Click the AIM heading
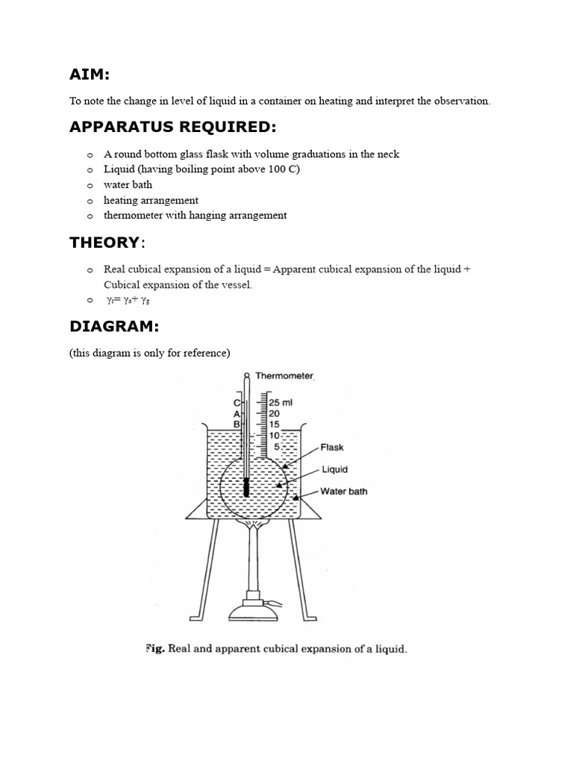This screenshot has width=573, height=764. tap(90, 75)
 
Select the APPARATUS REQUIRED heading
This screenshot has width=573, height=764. tap(172, 128)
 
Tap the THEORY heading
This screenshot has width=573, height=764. tap(105, 242)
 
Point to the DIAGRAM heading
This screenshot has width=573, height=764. tap(114, 327)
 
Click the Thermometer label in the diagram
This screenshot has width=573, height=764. tap(285, 377)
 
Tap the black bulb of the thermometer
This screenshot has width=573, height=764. tap(246, 488)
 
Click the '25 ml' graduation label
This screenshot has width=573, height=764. tap(281, 402)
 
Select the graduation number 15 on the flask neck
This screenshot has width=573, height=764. tap(275, 424)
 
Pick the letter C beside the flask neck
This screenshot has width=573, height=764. tap(237, 403)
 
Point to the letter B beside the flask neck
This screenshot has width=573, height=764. tap(237, 424)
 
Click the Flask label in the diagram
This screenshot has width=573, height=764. tap(332, 448)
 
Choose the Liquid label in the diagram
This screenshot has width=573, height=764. tap(334, 470)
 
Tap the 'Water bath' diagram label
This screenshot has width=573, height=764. tap(343, 492)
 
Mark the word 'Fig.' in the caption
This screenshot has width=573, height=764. tap(155, 649)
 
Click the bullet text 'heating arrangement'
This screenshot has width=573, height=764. tap(151, 200)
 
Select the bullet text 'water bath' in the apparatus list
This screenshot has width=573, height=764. tap(128, 184)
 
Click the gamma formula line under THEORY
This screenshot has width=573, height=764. tap(131, 301)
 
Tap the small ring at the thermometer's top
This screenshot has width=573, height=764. tap(246, 375)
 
